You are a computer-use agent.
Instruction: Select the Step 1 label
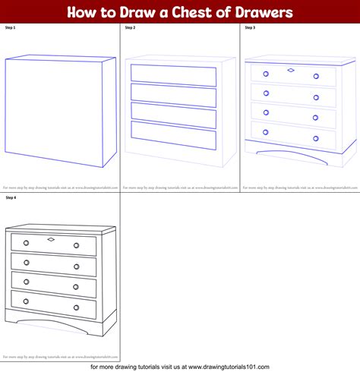11,27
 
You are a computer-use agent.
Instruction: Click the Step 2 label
130,27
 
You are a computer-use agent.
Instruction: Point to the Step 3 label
250,27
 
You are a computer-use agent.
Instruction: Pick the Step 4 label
11,197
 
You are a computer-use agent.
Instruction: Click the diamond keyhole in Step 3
291,70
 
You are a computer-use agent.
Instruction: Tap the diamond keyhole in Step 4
51,240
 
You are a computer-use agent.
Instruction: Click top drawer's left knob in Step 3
266,74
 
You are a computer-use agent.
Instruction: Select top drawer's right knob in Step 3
315,76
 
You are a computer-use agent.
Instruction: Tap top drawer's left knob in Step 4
26,243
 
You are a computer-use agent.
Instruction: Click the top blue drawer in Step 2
173,73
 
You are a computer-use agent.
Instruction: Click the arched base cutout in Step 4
52,328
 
